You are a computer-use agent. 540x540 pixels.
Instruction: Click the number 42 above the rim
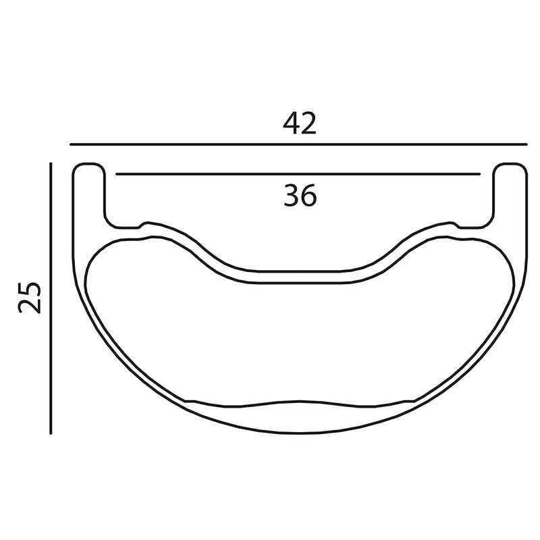(x=299, y=124)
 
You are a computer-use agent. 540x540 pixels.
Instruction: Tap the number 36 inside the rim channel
(x=300, y=195)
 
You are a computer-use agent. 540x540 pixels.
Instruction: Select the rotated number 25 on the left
(x=30, y=297)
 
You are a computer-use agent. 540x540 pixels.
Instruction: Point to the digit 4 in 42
(x=291, y=124)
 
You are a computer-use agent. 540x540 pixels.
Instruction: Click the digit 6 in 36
(x=308, y=195)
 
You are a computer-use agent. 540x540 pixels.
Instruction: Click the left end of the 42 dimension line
(x=71, y=144)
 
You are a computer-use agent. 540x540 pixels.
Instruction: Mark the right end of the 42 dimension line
(x=526, y=144)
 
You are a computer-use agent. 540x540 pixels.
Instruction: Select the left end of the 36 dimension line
(x=117, y=174)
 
